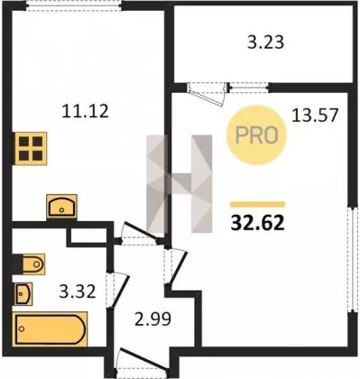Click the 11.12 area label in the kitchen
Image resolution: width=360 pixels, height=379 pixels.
[x=85, y=111]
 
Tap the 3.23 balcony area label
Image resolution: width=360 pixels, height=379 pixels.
[x=265, y=42]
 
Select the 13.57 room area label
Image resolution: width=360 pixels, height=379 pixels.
[x=315, y=116]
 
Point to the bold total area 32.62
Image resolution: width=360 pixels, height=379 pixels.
[x=257, y=223]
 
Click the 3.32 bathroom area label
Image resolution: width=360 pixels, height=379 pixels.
[x=78, y=291]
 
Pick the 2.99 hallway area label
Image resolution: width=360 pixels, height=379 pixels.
[x=153, y=319]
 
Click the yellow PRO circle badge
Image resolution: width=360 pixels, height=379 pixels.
[x=256, y=134]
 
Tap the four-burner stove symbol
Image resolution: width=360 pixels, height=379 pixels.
[x=31, y=148]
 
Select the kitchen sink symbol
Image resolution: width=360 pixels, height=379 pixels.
[x=61, y=207]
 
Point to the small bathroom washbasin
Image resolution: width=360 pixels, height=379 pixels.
[x=23, y=294]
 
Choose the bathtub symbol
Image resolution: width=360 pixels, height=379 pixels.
[x=50, y=329]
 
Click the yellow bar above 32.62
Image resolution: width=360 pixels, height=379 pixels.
[x=257, y=205]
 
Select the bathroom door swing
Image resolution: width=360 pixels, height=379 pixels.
[x=118, y=291]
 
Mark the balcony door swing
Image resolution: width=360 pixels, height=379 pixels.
[x=207, y=94]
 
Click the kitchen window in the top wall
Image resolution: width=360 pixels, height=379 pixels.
[x=73, y=6]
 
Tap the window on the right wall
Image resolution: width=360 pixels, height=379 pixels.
[x=351, y=260]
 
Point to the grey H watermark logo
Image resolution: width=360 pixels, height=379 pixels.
[x=180, y=184]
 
